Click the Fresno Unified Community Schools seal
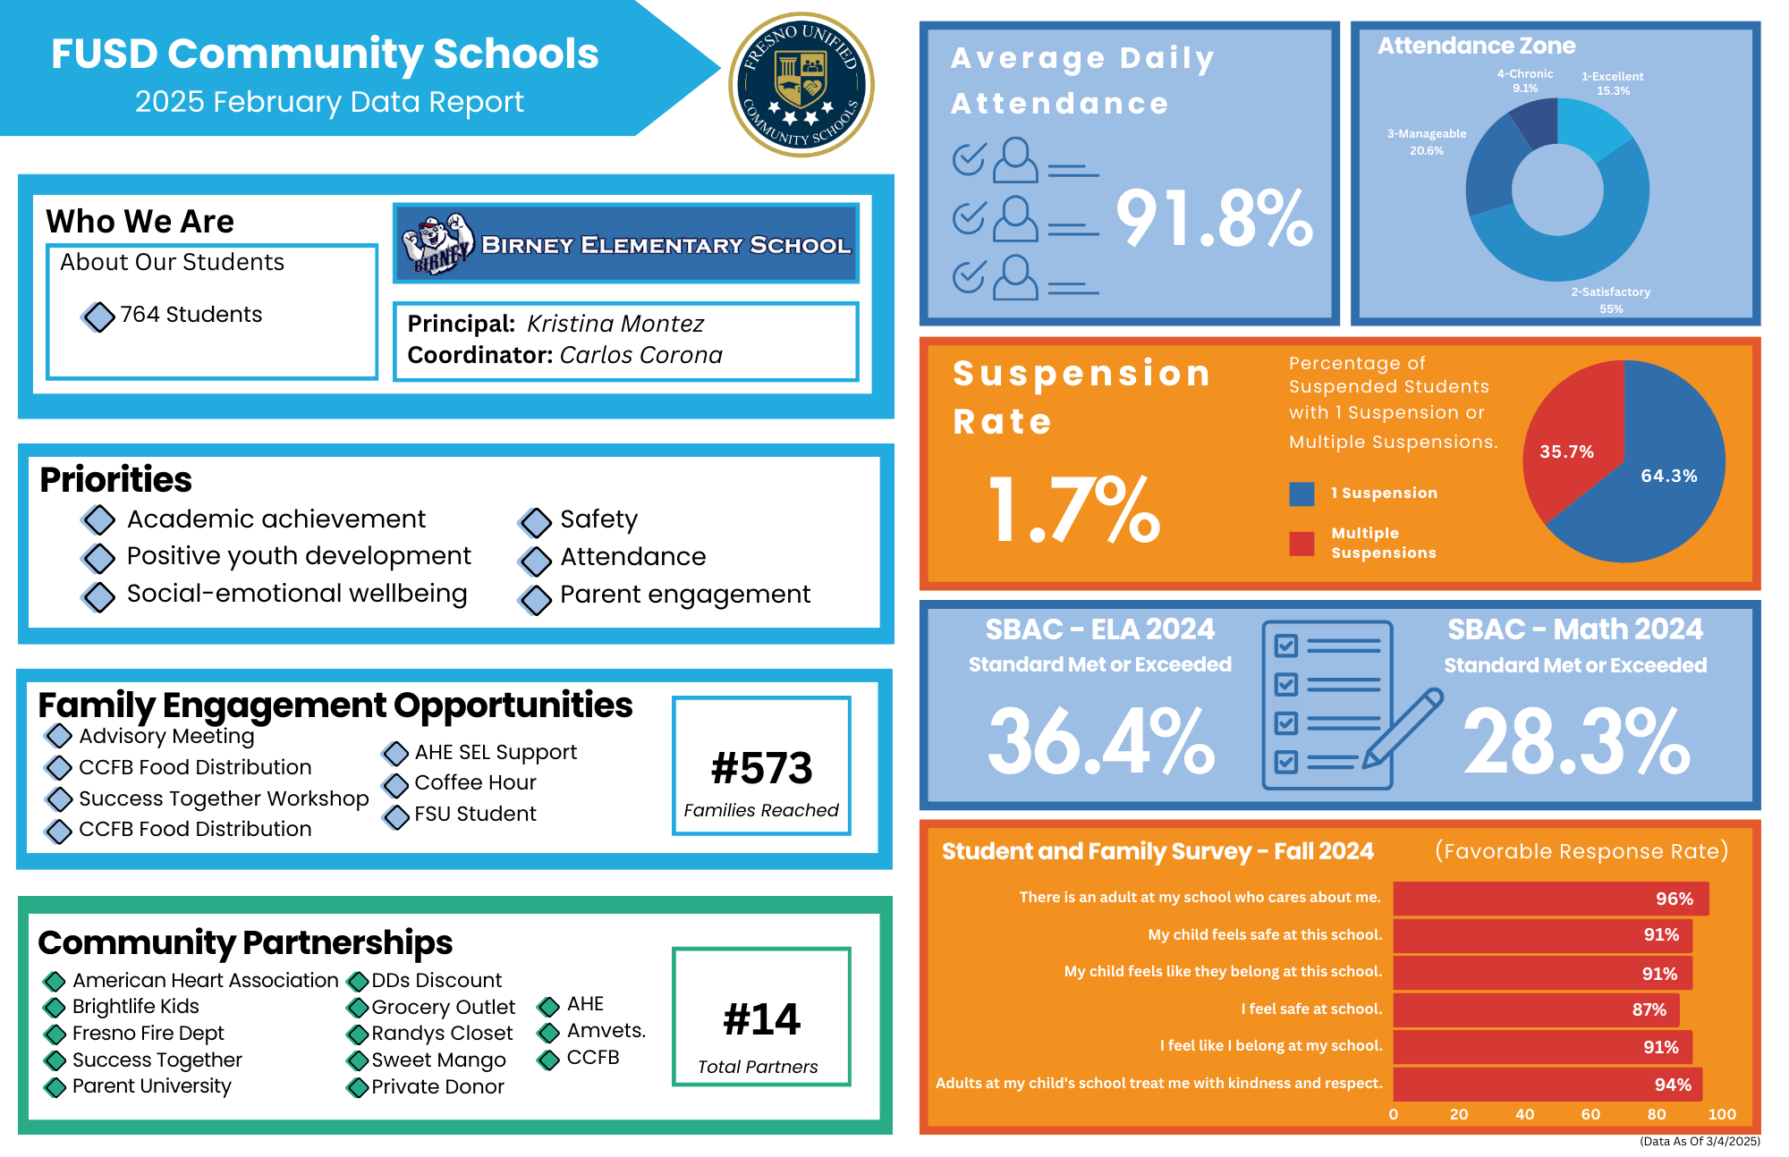pyautogui.click(x=801, y=85)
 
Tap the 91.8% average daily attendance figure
pyautogui.click(x=1214, y=218)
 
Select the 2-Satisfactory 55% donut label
pyautogui.click(x=1610, y=300)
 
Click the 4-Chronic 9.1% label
pyautogui.click(x=1525, y=80)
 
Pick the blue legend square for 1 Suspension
pyautogui.click(x=1301, y=494)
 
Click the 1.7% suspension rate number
pyautogui.click(x=1073, y=510)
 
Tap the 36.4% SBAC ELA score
pyautogui.click(x=1101, y=740)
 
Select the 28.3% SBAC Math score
pyautogui.click(x=1576, y=740)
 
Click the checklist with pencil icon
pyautogui.click(x=1337, y=705)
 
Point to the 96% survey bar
pyautogui.click(x=1550, y=899)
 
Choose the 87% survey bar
pyautogui.click(x=1535, y=1009)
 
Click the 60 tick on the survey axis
pyautogui.click(x=1590, y=1114)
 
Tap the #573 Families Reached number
pyautogui.click(x=761, y=768)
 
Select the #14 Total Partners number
pyautogui.click(x=761, y=1019)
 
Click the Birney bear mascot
pyautogui.click(x=437, y=243)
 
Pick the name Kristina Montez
pyautogui.click(x=615, y=324)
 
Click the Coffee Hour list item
pyautogui.click(x=475, y=782)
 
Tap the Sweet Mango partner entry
pyautogui.click(x=438, y=1060)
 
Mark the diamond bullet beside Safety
pyautogui.click(x=535, y=521)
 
